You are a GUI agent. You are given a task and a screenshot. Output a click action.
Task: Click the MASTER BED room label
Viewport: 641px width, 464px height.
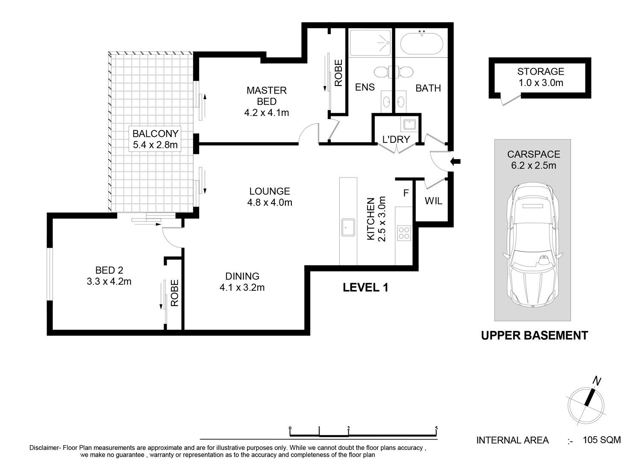coord(266,96)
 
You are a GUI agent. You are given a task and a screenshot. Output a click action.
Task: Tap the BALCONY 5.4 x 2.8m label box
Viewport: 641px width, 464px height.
coord(155,139)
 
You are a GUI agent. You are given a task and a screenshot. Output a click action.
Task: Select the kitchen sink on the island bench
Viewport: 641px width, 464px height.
coord(348,228)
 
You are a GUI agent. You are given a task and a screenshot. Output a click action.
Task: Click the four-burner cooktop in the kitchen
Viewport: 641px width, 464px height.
coord(404,233)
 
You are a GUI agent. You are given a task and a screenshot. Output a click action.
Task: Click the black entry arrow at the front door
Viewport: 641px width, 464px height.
coord(455,162)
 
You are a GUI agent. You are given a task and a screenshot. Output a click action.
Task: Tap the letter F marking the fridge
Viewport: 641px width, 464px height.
coord(406,193)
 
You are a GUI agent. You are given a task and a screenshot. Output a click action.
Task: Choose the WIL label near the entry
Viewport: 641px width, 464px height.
coord(434,201)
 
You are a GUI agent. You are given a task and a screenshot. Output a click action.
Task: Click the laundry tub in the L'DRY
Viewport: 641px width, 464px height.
coord(410,125)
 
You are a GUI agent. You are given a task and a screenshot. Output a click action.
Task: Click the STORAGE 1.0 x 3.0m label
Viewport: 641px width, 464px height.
coord(541,77)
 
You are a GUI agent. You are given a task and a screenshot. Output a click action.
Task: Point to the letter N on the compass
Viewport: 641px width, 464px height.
coord(597,381)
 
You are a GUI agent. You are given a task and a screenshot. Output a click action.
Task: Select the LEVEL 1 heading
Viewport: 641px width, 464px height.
coord(365,287)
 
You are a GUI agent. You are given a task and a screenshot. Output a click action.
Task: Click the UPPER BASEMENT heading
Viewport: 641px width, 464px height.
coord(535,335)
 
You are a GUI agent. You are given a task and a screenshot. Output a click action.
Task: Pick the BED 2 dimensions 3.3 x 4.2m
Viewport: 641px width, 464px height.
coord(109,281)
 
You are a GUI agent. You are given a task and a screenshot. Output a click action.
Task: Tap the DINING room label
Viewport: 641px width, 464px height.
coord(242,276)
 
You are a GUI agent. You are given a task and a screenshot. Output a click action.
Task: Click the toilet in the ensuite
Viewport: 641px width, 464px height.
coord(382,72)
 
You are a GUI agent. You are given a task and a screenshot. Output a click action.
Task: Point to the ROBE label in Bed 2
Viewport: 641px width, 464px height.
coord(174,293)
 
